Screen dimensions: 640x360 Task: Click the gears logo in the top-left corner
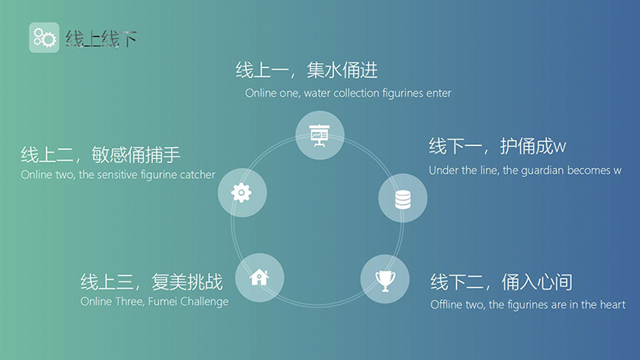(44, 38)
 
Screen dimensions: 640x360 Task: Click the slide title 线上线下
(101, 39)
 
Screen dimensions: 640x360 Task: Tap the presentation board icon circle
(320, 135)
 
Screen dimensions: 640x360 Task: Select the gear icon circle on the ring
(242, 193)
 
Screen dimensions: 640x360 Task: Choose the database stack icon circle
(403, 198)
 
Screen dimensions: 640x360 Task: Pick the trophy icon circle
(385, 280)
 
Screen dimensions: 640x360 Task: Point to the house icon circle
(259, 278)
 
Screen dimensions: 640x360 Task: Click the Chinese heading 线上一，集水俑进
(307, 71)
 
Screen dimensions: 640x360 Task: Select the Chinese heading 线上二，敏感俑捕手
(100, 154)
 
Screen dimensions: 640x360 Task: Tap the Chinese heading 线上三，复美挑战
(152, 282)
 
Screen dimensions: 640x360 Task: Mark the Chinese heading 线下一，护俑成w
(497, 146)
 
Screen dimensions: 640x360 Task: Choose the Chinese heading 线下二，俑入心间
(501, 282)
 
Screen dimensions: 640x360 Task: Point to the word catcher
(198, 175)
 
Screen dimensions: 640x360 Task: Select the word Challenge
(204, 302)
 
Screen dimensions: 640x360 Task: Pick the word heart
(614, 304)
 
